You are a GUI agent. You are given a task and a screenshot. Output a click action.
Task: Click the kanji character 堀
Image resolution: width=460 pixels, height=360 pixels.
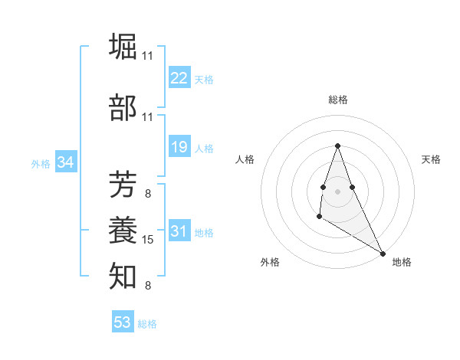click(x=123, y=47)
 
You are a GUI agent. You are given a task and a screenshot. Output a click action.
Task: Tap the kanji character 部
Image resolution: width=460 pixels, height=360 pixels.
click(x=123, y=109)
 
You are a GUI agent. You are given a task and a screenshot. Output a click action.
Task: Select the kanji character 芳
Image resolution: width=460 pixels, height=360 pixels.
click(x=123, y=185)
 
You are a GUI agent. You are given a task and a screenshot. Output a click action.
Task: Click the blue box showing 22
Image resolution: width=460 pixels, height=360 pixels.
click(x=179, y=78)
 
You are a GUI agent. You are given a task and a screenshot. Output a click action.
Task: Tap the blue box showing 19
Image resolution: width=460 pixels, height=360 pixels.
click(x=179, y=147)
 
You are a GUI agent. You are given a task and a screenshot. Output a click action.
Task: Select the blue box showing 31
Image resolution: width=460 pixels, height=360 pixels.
click(x=179, y=232)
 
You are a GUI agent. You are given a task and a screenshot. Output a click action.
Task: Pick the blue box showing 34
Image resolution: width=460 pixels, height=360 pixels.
click(x=66, y=162)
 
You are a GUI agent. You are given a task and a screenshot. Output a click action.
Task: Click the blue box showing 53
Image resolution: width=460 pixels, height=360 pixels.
click(x=123, y=322)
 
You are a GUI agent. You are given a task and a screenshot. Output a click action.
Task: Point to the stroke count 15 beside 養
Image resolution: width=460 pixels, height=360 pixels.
click(x=149, y=240)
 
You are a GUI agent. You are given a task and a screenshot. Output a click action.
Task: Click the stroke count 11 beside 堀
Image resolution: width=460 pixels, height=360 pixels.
click(x=148, y=56)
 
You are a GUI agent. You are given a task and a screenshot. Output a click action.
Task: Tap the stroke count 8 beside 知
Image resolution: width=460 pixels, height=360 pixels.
click(x=148, y=286)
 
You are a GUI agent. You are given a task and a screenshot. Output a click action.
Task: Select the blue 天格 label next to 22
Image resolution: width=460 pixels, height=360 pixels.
click(x=204, y=80)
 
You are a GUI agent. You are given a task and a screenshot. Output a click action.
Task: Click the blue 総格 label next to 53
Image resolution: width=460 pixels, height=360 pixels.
click(x=147, y=324)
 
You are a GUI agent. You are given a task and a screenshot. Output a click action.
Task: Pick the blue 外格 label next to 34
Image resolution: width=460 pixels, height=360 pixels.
click(x=41, y=164)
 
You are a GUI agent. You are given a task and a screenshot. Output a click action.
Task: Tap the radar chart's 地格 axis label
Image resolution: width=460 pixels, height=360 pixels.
click(x=402, y=262)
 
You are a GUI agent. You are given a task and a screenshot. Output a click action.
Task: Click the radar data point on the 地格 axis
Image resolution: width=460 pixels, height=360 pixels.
click(x=383, y=253)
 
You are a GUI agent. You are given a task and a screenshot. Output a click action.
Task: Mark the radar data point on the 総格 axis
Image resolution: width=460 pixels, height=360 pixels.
click(x=337, y=145)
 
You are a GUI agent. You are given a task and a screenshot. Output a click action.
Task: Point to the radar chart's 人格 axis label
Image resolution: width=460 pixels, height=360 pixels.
click(x=245, y=159)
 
